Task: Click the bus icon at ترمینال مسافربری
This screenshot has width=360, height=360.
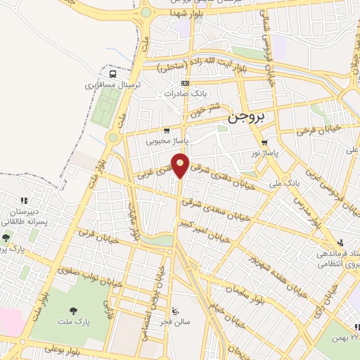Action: tap(112, 73)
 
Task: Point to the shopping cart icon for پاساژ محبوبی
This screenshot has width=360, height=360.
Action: tap(166, 130)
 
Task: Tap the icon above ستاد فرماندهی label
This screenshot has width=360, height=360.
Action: tap(341, 240)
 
